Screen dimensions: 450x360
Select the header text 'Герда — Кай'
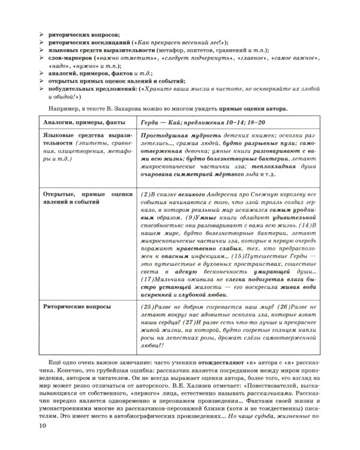click(158, 122)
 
